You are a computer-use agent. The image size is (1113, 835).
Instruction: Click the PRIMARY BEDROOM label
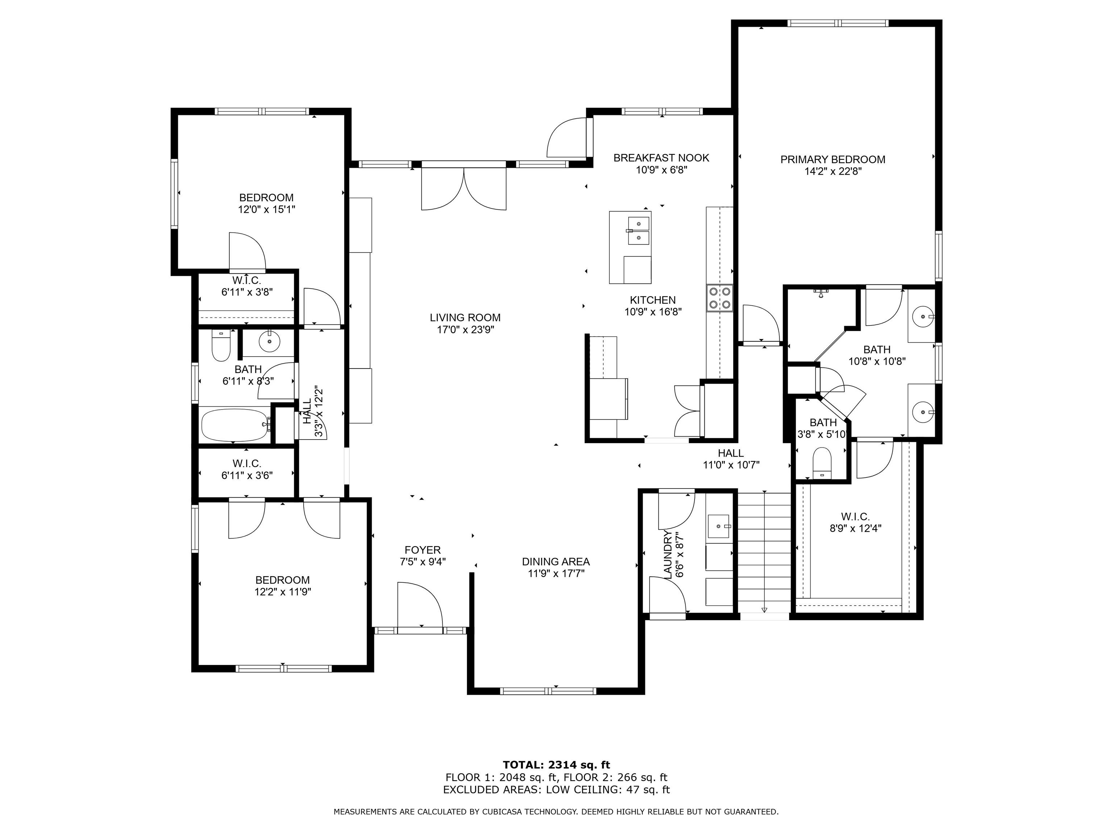point(833,159)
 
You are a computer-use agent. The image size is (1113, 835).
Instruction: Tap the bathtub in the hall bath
point(235,425)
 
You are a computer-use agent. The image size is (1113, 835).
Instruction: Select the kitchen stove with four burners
point(720,298)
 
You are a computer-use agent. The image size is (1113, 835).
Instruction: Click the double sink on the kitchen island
point(638,230)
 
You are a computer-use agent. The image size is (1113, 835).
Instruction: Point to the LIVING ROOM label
point(465,317)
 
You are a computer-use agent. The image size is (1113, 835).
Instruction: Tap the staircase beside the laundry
point(764,553)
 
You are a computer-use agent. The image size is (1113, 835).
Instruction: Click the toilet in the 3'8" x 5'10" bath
point(822,462)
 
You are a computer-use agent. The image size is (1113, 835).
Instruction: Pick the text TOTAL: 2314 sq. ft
point(556,765)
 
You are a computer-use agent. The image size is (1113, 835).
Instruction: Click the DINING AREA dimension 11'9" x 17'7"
point(556,573)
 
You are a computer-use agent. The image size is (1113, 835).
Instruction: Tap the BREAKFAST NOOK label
point(661,158)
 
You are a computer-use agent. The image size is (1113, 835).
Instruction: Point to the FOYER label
point(423,550)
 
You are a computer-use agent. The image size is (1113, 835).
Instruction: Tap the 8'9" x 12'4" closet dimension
point(855,528)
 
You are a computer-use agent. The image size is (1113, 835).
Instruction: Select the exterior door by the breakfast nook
point(567,137)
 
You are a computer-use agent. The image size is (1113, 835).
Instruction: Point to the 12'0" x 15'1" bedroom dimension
point(266,209)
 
